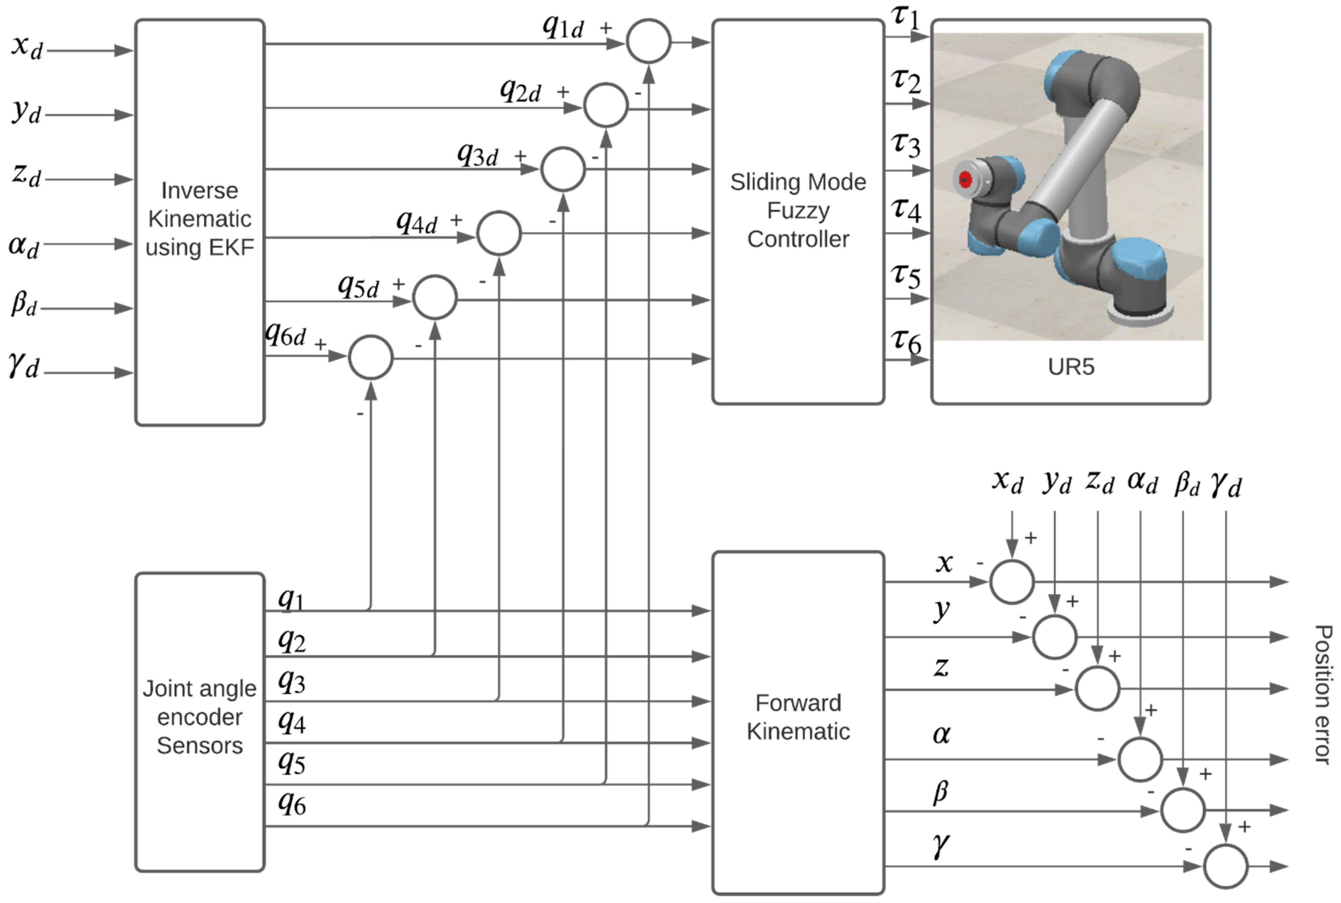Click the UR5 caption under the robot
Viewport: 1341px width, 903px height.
pyautogui.click(x=1070, y=367)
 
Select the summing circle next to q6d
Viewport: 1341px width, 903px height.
pyautogui.click(x=371, y=358)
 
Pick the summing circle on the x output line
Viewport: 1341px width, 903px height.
pyautogui.click(x=1011, y=582)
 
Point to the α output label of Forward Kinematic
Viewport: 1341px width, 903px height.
pyautogui.click(x=941, y=734)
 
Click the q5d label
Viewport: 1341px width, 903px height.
pyautogui.click(x=358, y=286)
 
